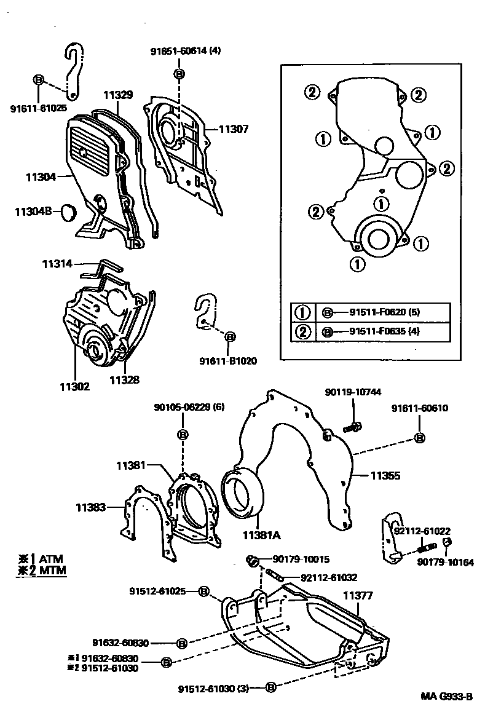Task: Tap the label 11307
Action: [234, 129]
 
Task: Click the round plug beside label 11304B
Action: [67, 213]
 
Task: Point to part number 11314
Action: [57, 264]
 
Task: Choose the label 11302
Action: [74, 387]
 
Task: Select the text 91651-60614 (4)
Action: [185, 52]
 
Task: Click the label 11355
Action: [385, 475]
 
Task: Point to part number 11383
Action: [92, 507]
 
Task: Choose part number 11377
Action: [358, 596]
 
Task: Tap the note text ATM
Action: [51, 558]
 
